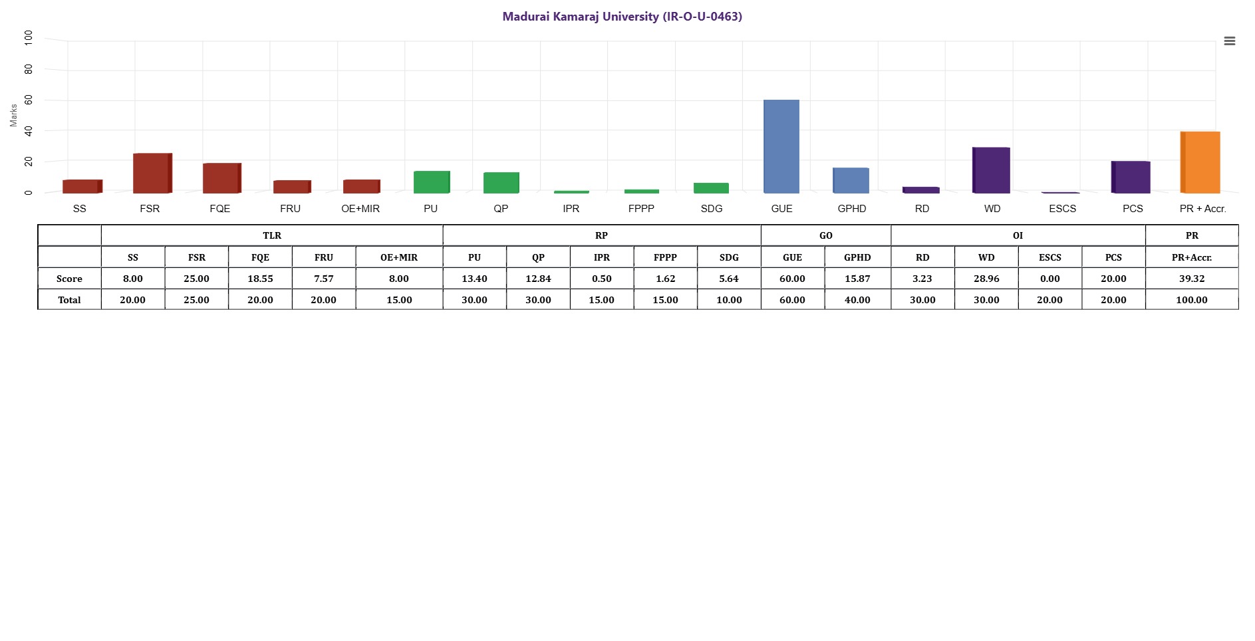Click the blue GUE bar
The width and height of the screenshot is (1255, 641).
781,146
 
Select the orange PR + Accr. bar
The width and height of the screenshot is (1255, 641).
1200,162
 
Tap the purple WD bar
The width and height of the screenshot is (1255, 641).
992,170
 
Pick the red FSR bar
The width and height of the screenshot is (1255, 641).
152,173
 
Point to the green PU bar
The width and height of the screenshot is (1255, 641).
432,182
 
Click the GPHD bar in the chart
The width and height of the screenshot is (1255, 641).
851,180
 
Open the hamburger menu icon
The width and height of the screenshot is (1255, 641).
1230,41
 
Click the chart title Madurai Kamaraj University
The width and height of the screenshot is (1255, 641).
622,17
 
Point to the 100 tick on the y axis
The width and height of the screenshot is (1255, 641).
28,37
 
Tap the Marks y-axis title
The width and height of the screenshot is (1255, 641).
13,115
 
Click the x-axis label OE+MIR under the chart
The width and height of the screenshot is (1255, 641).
360,209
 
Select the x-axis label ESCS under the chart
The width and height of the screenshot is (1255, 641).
1062,209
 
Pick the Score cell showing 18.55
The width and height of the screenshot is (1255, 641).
260,279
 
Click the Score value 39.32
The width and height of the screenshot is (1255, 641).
1191,279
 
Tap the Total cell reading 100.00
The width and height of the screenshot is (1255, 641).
1191,300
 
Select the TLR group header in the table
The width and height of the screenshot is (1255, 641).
272,235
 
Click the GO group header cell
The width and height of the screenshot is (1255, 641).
825,235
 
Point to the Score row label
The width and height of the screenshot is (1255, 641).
69,279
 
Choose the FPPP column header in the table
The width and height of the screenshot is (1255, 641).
665,257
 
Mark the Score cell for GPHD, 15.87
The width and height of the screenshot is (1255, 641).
857,279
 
